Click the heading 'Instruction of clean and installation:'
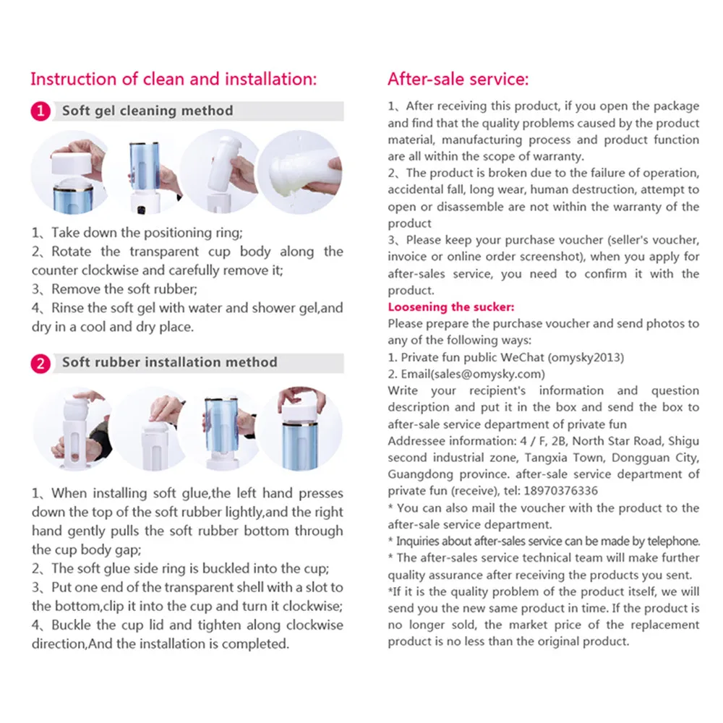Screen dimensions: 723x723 click(x=174, y=79)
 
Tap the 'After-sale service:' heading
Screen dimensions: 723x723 click(x=458, y=79)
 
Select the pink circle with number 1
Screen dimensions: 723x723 click(x=41, y=111)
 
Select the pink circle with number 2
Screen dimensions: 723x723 click(x=41, y=363)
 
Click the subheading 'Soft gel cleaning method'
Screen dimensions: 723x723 click(x=147, y=111)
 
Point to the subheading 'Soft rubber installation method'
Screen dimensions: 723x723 click(x=169, y=362)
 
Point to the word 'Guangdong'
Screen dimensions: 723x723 click(x=421, y=474)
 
